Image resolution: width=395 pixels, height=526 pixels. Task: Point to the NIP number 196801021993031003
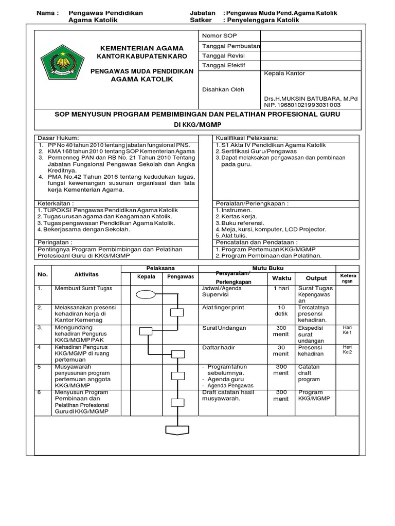(x=302, y=105)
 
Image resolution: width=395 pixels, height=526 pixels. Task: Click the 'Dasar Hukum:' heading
(x=58, y=138)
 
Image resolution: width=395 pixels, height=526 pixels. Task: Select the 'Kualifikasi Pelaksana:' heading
(x=247, y=138)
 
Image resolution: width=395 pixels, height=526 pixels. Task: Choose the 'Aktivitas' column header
(x=86, y=275)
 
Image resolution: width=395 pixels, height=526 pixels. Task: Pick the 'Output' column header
(x=316, y=278)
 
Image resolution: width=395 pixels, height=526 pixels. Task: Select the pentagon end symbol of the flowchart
(x=177, y=430)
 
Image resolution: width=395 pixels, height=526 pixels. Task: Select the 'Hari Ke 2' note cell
(x=347, y=349)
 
